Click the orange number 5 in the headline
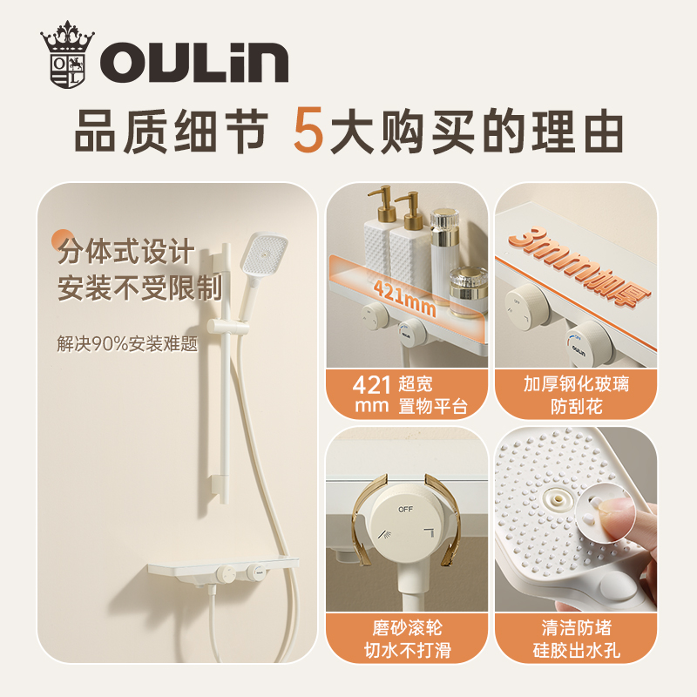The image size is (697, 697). click(309, 132)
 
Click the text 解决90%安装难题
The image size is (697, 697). click(127, 343)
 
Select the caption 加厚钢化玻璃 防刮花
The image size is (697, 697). click(576, 394)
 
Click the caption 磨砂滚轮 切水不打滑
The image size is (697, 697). click(406, 639)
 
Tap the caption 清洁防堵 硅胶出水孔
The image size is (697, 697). click(576, 639)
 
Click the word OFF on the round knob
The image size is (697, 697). click(406, 508)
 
